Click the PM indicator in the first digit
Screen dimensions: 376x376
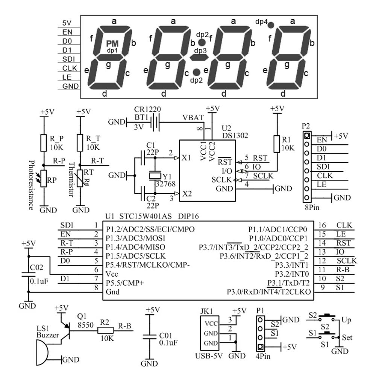point(112,44)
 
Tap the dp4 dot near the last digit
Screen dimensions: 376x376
point(271,24)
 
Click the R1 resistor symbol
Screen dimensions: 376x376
point(277,144)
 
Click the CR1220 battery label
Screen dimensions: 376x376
point(147,109)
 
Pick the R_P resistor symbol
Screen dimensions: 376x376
point(44,143)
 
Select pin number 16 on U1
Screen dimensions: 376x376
point(322,226)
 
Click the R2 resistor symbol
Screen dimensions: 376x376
point(105,330)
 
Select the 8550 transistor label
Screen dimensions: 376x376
point(85,326)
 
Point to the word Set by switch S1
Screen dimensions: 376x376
point(347,338)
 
